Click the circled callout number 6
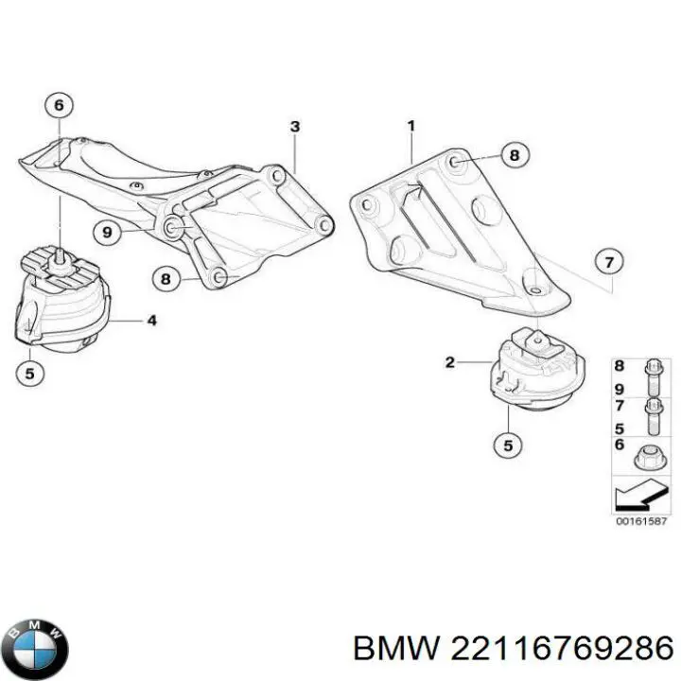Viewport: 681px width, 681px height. pyautogui.click(x=59, y=105)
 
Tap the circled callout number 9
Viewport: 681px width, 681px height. pyautogui.click(x=108, y=232)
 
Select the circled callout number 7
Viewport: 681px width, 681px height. pyautogui.click(x=609, y=262)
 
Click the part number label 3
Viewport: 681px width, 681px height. pyautogui.click(x=295, y=127)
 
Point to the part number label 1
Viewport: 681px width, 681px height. pyautogui.click(x=410, y=126)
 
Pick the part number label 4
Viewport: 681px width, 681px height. pyautogui.click(x=151, y=321)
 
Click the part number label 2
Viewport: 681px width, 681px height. pyautogui.click(x=450, y=361)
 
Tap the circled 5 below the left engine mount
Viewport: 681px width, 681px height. pyautogui.click(x=29, y=373)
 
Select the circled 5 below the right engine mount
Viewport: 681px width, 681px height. pyautogui.click(x=508, y=445)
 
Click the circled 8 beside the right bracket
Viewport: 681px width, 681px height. pyautogui.click(x=515, y=155)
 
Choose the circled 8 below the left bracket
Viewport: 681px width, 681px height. pyautogui.click(x=166, y=278)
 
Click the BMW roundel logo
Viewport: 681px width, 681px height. pyautogui.click(x=38, y=650)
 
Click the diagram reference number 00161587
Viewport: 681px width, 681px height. pyautogui.click(x=641, y=521)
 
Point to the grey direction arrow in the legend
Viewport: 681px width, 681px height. pyautogui.click(x=639, y=495)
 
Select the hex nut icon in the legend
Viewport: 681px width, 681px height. pyautogui.click(x=650, y=458)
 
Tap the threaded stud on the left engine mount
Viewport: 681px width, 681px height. pyautogui.click(x=59, y=259)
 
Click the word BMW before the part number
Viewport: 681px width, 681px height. pyautogui.click(x=395, y=649)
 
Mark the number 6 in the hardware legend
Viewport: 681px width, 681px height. pyautogui.click(x=620, y=445)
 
